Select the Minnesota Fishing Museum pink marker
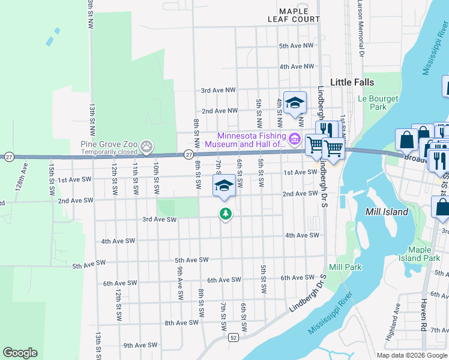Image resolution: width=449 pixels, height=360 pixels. tap(294, 140)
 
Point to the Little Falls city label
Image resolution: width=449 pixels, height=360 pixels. tap(352, 82)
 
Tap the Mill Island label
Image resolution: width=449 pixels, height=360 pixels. tap(387, 212)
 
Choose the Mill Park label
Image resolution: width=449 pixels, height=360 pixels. tap(341, 266)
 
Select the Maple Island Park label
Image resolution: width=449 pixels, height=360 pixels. tap(424, 254)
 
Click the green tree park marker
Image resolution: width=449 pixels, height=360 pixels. tap(225, 213)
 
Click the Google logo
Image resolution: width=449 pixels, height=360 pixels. tap(20, 353)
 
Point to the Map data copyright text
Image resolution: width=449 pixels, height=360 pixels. tap(412, 355)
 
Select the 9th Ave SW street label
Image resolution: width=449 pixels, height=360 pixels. tap(140, 345)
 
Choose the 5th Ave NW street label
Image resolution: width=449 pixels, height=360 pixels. tap(297, 46)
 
